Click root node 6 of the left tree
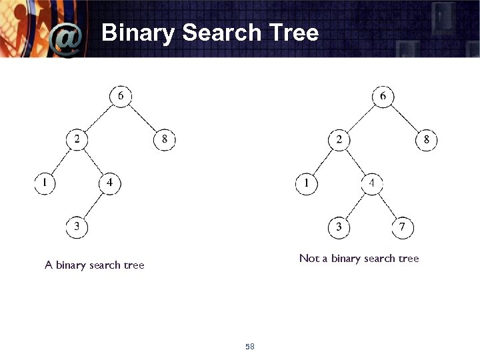[x=121, y=97]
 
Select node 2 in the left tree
[x=77, y=139]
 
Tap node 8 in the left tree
[x=165, y=139]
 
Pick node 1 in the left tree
[x=45, y=183]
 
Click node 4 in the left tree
[x=110, y=183]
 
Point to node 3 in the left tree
[x=77, y=227]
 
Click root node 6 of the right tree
[x=383, y=97]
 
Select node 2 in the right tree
[x=339, y=139]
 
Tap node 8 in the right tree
[x=427, y=139]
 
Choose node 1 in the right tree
[x=307, y=183]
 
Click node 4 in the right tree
[x=372, y=183]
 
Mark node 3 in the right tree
[x=339, y=227]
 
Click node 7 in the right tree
[x=402, y=227]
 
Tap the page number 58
[x=250, y=347]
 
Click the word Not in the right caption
[x=309, y=258]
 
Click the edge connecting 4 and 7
[x=387, y=205]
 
